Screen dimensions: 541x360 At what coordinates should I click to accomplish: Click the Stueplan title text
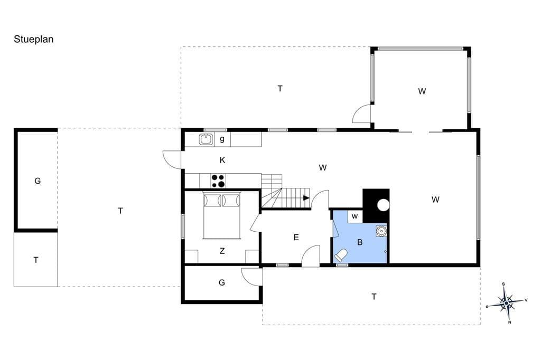33,39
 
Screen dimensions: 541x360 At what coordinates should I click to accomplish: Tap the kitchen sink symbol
206,139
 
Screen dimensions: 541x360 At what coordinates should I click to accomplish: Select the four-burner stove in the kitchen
218,181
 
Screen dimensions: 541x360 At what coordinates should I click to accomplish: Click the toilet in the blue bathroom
341,255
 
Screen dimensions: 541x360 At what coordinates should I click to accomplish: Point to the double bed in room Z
221,216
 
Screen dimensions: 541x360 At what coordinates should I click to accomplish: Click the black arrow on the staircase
306,198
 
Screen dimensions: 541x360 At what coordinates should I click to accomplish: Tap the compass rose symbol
507,303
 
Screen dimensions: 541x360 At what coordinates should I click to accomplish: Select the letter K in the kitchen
222,160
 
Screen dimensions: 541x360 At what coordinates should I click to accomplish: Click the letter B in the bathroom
360,242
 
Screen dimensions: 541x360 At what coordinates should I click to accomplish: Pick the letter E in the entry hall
296,237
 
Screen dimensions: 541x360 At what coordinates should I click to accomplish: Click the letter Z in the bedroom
222,251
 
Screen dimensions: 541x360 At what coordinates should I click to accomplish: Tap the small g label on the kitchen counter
222,139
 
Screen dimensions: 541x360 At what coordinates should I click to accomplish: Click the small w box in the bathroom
355,216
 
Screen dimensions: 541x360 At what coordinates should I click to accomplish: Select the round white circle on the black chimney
384,205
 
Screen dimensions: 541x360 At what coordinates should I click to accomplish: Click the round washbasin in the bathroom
381,230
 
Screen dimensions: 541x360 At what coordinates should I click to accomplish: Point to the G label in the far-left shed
38,181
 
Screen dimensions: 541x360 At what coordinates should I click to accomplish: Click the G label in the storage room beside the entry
222,283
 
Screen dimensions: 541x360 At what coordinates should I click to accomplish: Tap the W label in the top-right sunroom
422,91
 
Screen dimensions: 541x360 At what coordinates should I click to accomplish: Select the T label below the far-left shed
36,260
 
